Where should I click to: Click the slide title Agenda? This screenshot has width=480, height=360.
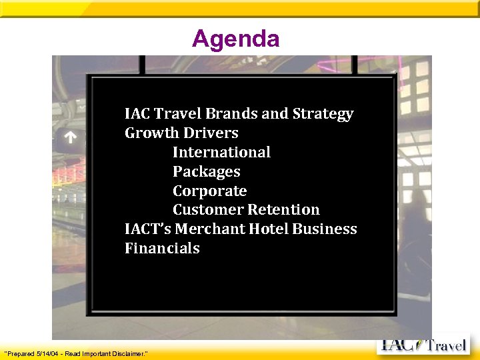tap(235, 39)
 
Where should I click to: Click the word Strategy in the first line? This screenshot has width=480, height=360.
tap(323, 114)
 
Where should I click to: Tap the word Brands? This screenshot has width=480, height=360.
tap(233, 114)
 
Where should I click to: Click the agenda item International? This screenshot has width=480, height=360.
tap(221, 152)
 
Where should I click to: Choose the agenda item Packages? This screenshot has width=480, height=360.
tap(206, 171)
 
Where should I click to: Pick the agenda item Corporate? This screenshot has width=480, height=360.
tap(209, 191)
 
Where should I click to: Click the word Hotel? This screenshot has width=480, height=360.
tap(269, 229)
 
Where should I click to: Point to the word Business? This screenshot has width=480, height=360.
tap(325, 229)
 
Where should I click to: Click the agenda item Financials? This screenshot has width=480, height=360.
tap(162, 248)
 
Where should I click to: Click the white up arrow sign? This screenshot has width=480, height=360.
tap(71, 138)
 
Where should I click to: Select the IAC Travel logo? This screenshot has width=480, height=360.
tap(423, 346)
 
